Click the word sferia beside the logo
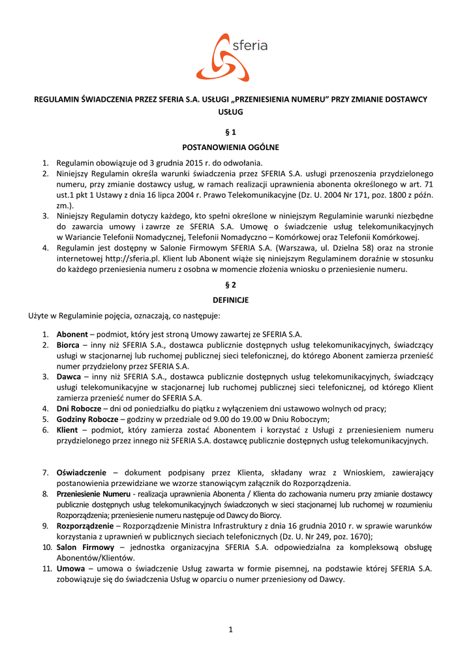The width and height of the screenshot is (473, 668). [250, 46]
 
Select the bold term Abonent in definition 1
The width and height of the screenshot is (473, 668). [72, 334]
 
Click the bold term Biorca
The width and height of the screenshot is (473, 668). [68, 345]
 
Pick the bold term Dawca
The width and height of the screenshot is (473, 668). [69, 376]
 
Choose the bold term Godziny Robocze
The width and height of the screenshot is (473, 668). [87, 419]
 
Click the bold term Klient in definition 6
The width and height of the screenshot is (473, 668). [67, 430]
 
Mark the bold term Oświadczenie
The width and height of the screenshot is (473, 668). [81, 472]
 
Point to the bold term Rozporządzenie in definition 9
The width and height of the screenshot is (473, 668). [85, 525]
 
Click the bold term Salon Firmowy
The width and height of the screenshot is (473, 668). [85, 547]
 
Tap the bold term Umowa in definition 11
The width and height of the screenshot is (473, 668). [70, 568]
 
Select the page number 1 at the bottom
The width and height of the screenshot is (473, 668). [230, 630]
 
